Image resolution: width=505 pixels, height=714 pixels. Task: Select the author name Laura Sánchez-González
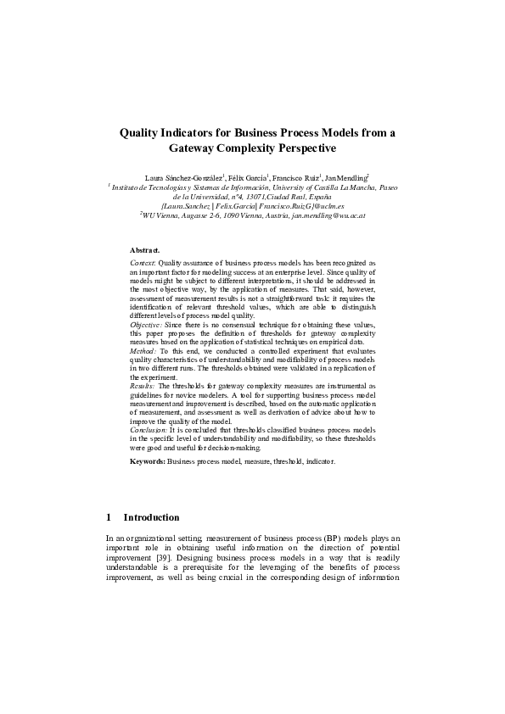pos(182,176)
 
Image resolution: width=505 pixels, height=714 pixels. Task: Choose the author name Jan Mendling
pos(346,176)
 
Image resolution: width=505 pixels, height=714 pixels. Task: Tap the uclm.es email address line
pos(252,206)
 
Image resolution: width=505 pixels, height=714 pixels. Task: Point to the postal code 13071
pos(265,196)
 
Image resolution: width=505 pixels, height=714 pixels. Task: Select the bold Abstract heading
pos(144,251)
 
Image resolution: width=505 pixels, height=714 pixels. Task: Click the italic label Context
pos(143,265)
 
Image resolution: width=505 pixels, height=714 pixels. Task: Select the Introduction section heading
pos(151,517)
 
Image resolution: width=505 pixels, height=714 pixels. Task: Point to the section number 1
pos(109,517)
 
